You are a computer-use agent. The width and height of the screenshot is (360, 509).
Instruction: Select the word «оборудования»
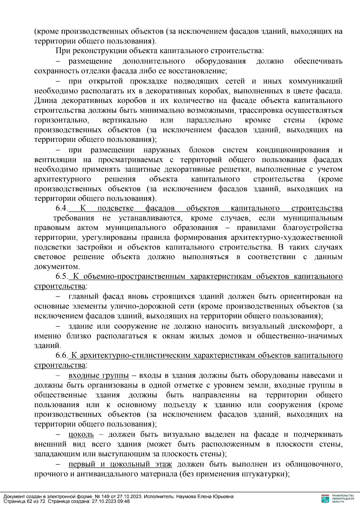(220, 61)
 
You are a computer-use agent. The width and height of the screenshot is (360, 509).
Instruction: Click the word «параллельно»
(209, 120)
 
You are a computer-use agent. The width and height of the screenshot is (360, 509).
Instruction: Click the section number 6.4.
(62, 208)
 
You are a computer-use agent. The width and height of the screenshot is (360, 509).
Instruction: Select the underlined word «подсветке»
(115, 208)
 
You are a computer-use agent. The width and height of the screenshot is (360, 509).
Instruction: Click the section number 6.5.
(62, 276)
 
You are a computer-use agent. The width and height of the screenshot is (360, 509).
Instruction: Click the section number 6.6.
(62, 355)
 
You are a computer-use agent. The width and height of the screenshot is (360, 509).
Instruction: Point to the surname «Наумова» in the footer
(187, 496)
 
